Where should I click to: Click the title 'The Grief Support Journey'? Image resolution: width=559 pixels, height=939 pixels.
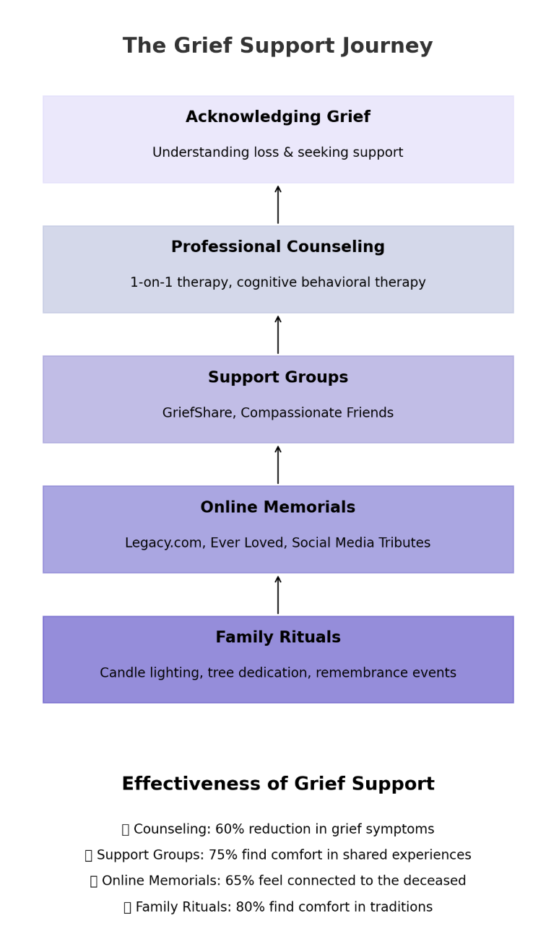point(277,46)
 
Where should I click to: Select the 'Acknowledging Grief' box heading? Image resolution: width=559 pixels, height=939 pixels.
point(277,117)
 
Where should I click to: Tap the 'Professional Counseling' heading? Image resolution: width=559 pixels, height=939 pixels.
point(277,247)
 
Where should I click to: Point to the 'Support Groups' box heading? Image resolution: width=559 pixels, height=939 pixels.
point(277,378)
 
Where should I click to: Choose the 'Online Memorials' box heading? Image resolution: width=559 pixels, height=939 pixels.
point(277,508)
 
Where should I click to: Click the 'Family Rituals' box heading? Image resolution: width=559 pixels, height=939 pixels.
point(277,638)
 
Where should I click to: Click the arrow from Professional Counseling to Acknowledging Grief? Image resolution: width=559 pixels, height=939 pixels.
point(278,204)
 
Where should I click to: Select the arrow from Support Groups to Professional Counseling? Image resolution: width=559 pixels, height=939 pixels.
point(278,334)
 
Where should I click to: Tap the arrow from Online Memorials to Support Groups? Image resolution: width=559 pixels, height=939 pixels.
point(278,464)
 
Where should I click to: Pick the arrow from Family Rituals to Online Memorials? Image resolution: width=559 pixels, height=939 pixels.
point(278,594)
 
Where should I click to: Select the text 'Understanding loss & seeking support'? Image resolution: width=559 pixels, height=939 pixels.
point(277,153)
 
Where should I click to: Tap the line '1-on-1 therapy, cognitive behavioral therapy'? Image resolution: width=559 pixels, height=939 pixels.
point(277,283)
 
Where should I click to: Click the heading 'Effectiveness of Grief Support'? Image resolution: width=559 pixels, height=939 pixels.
point(277,784)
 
